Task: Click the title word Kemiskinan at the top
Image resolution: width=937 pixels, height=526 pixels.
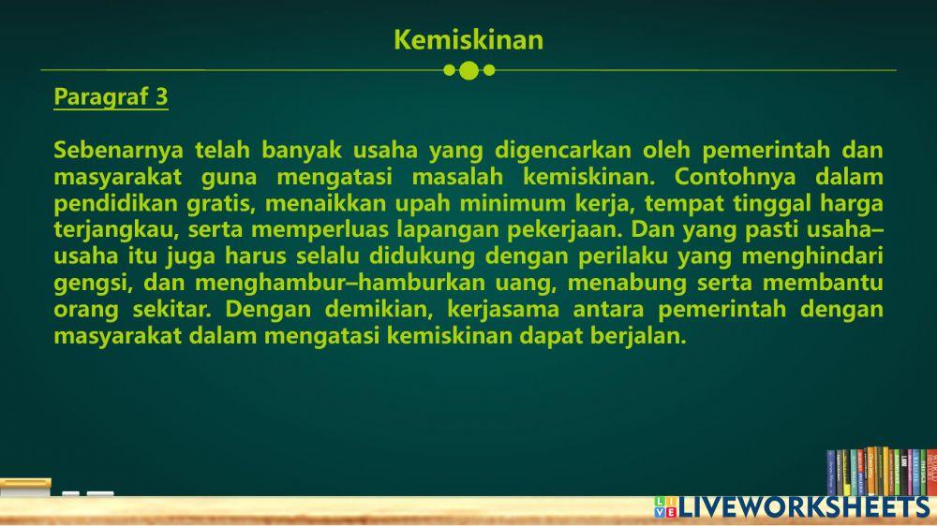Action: (x=468, y=40)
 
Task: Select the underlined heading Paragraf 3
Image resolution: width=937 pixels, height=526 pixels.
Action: (x=111, y=96)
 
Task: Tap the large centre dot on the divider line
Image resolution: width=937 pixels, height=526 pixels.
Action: (x=469, y=70)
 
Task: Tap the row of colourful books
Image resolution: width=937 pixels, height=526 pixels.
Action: (x=881, y=472)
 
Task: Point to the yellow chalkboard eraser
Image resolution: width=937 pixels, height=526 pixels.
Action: (x=25, y=487)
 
